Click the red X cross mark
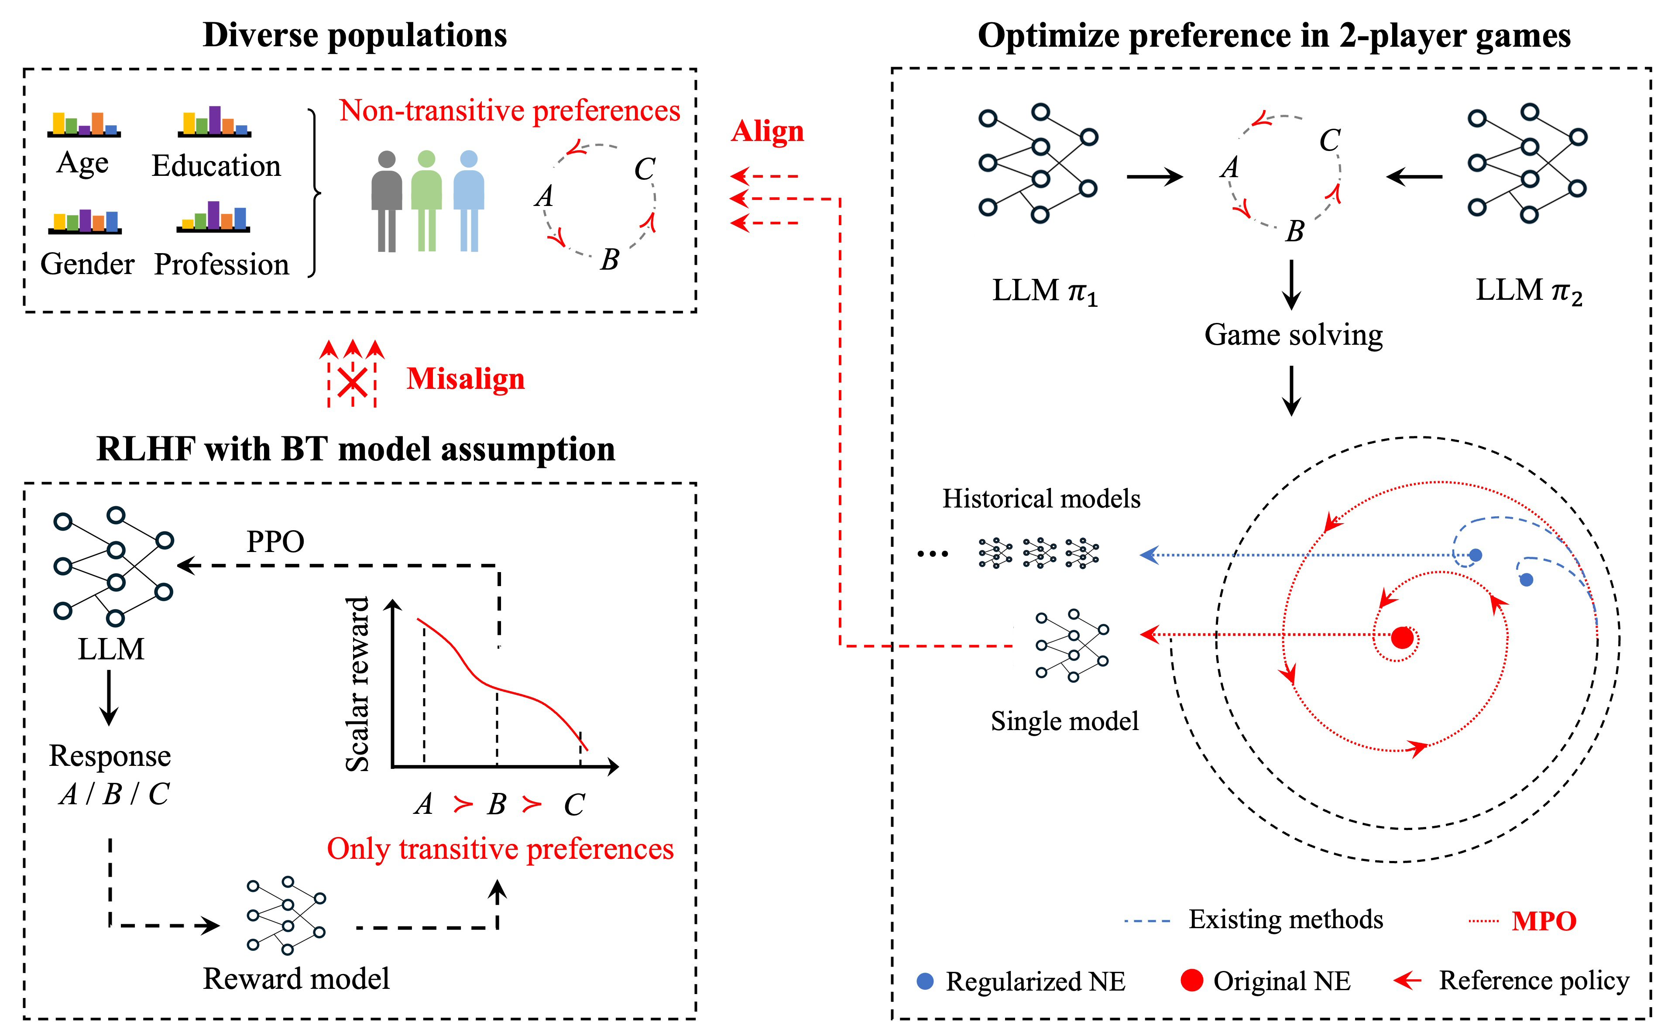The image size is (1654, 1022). (x=352, y=383)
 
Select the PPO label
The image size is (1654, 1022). (x=275, y=542)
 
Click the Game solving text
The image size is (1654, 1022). (x=1293, y=335)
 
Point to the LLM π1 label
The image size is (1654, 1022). (x=1044, y=291)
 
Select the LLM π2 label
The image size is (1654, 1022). (x=1528, y=291)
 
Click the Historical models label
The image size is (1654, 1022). (x=1041, y=499)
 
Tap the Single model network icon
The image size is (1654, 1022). (x=1072, y=645)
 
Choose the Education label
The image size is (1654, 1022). (x=216, y=165)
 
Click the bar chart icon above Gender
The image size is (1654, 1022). (x=85, y=221)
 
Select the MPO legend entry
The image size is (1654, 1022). (x=1543, y=921)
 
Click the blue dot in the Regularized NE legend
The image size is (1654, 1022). (x=925, y=981)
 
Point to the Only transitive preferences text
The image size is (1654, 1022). (x=500, y=849)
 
